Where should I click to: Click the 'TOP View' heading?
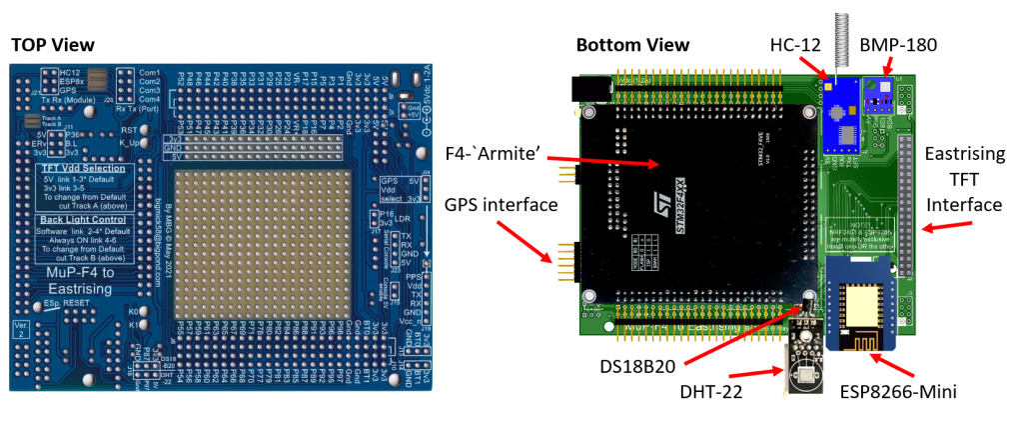coord(52,45)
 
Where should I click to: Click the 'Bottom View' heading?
coord(632,45)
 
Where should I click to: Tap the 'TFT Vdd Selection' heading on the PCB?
coord(82,168)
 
